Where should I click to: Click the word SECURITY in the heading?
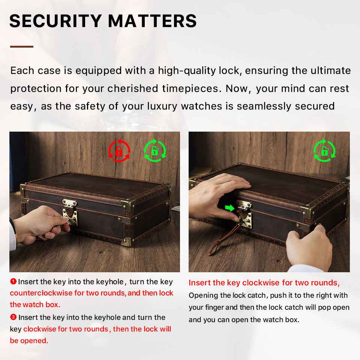tap(55, 21)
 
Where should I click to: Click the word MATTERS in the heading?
tap(153, 21)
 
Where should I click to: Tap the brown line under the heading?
tap(22, 46)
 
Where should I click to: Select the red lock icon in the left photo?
tap(119, 151)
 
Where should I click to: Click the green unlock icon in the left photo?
tap(155, 151)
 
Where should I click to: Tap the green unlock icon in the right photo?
tap(324, 151)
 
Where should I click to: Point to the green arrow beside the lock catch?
tap(229, 208)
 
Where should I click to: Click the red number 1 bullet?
tap(13, 281)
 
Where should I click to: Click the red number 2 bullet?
tap(13, 317)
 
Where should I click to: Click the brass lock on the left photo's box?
tap(70, 212)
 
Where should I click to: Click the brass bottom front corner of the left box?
tap(127, 241)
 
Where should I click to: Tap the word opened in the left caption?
tap(34, 341)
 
